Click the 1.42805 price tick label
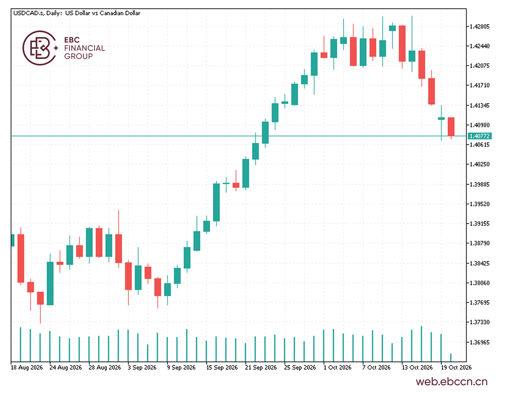pyautogui.click(x=479, y=26)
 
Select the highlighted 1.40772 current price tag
pyautogui.click(x=479, y=136)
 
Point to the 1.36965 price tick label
pyautogui.click(x=479, y=342)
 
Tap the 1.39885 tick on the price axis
pyautogui.click(x=479, y=184)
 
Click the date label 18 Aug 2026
pyautogui.click(x=27, y=368)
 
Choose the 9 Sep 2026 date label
pyautogui.click(x=181, y=368)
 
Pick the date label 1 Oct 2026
pyautogui.click(x=337, y=368)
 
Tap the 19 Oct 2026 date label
pyautogui.click(x=456, y=368)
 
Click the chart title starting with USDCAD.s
pyautogui.click(x=77, y=13)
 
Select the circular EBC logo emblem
pyautogui.click(x=40, y=48)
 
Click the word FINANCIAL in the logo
pyautogui.click(x=84, y=48)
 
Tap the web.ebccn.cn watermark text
pyautogui.click(x=452, y=382)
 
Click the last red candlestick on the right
pyautogui.click(x=451, y=127)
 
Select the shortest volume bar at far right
pyautogui.click(x=451, y=357)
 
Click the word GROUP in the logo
pyautogui.click(x=78, y=56)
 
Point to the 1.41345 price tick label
pyautogui.click(x=479, y=106)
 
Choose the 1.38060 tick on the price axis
pyautogui.click(x=479, y=283)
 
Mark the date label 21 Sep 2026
pyautogui.click(x=261, y=368)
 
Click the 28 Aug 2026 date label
pyautogui.click(x=105, y=368)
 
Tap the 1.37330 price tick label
pyautogui.click(x=479, y=322)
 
